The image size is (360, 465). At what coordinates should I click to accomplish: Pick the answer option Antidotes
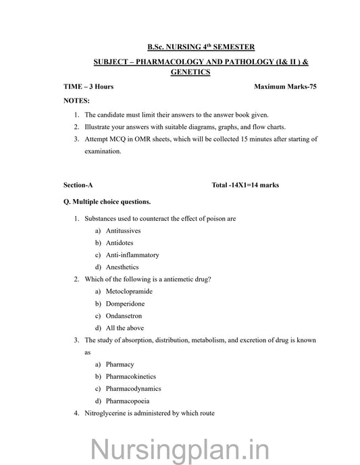(x=120, y=243)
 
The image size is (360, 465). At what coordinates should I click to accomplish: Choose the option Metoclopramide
(x=129, y=292)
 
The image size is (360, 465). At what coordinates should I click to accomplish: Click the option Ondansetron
(x=124, y=316)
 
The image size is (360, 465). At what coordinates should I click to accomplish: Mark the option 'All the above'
(x=123, y=328)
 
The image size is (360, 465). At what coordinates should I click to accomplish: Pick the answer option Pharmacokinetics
(x=131, y=377)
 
